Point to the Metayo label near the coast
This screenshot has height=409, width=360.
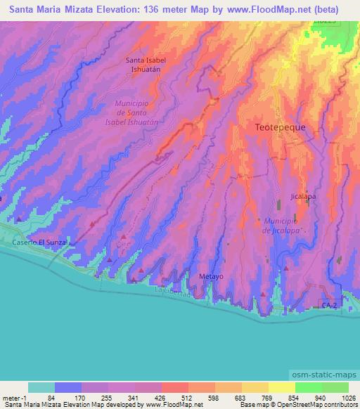pyautogui.click(x=211, y=276)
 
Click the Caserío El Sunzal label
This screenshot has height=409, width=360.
pyautogui.click(x=40, y=242)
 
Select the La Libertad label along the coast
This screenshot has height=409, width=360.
pyautogui.click(x=172, y=291)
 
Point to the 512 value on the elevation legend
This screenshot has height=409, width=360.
pyautogui.click(x=174, y=398)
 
